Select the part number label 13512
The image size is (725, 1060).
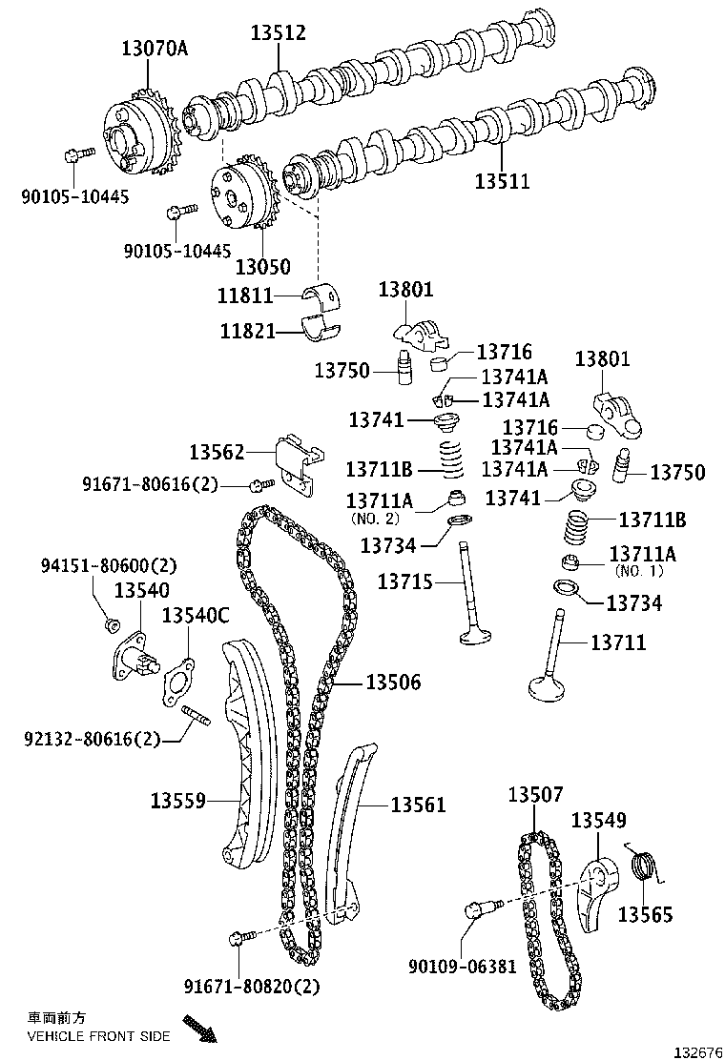(x=278, y=33)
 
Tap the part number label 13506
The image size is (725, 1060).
(x=393, y=682)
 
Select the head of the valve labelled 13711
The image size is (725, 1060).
(x=554, y=687)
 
